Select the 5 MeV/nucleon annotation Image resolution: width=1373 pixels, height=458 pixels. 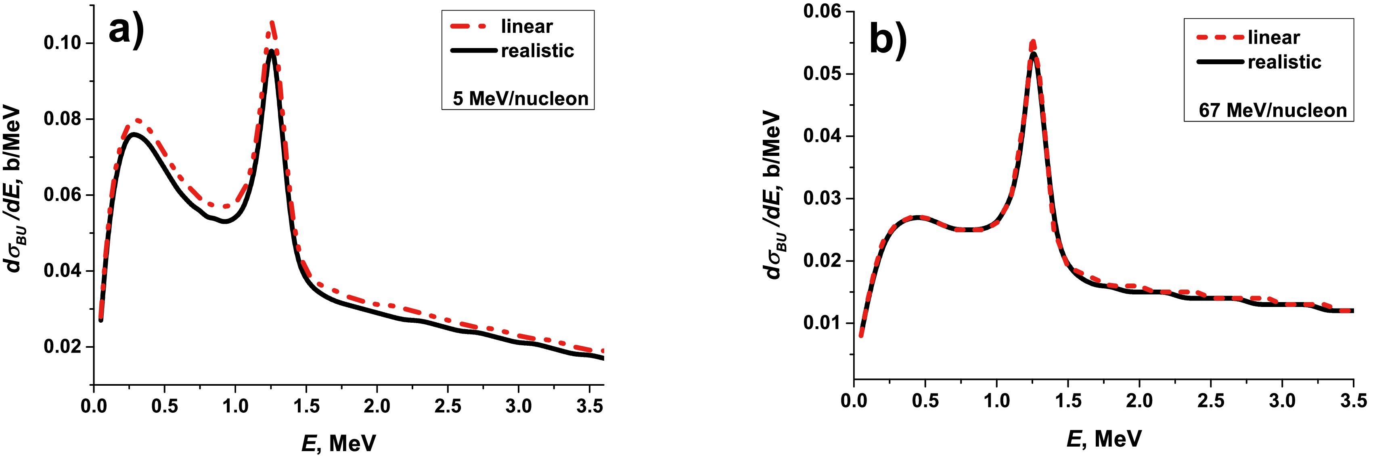(x=520, y=99)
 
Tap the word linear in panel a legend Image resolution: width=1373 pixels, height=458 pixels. (x=527, y=26)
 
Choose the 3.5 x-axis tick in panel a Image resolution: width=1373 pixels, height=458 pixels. (x=590, y=406)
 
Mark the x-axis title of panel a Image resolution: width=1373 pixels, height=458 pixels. (x=339, y=443)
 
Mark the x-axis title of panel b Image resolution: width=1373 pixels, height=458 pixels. (x=1104, y=439)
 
